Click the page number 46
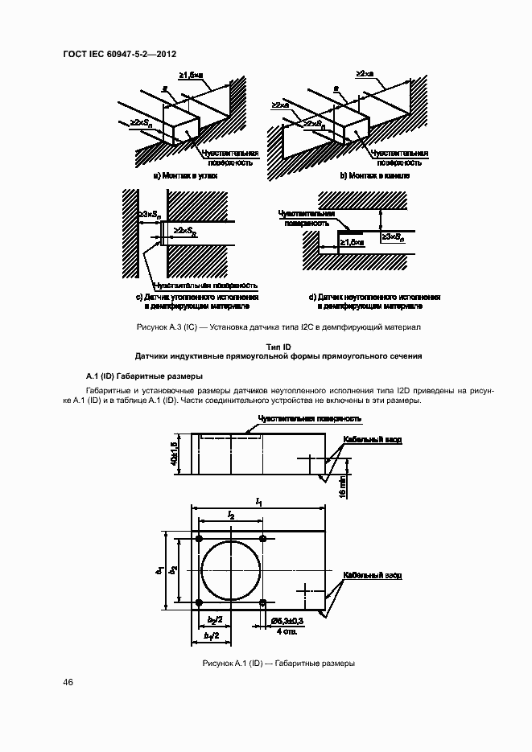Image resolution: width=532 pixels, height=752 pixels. (68, 682)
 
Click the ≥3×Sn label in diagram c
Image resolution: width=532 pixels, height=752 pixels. (151, 214)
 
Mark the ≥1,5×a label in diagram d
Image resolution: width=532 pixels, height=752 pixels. (351, 240)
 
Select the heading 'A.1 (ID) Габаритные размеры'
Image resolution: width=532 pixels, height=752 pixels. (144, 376)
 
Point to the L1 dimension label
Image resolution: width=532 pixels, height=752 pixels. (259, 501)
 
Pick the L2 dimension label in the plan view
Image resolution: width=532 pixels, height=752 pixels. (231, 514)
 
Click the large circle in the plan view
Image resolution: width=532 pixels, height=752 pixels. (231, 570)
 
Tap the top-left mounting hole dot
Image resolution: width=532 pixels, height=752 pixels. (198, 538)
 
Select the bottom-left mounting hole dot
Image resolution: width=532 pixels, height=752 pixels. (198, 602)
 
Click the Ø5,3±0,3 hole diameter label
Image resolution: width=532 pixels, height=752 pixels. (286, 622)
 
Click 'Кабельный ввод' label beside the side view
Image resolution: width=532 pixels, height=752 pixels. (371, 440)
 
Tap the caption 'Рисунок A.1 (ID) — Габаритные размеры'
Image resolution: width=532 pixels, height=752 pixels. (279, 664)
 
